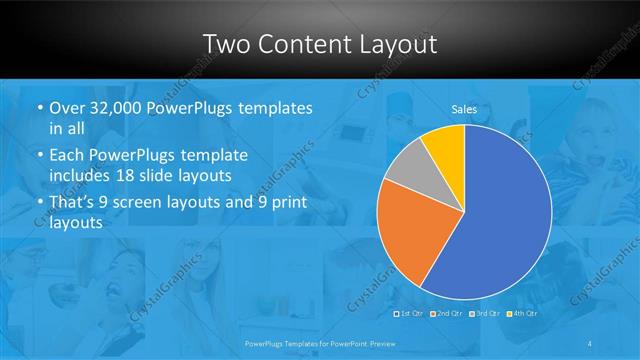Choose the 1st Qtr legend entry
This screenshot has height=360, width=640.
[411, 313]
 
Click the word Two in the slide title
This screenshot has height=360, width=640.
[228, 44]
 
